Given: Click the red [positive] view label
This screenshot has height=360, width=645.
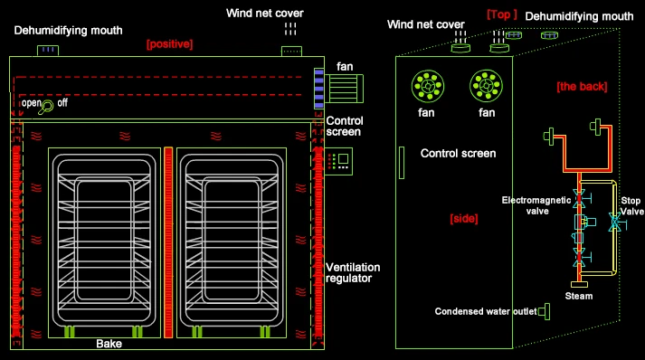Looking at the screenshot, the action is tap(169, 44).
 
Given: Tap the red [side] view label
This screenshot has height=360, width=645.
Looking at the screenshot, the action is tap(464, 219).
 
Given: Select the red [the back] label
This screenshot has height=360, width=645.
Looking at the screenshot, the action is tap(582, 87).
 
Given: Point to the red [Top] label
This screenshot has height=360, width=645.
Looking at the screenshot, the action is tap(502, 14).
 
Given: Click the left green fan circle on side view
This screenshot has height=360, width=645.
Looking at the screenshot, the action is tap(428, 87).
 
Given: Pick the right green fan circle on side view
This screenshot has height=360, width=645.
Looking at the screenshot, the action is tap(486, 87).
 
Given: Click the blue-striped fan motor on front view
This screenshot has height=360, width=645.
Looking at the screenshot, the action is tap(318, 89).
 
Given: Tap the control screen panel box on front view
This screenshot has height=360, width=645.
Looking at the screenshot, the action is tap(338, 161).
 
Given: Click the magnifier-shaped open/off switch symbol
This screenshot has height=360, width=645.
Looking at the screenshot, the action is tap(46, 108).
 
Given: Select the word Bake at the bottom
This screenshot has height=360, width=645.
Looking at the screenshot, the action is tap(109, 344).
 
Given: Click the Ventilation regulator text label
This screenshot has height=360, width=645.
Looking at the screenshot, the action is tap(353, 273).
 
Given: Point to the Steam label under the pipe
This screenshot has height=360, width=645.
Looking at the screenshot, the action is tap(579, 296).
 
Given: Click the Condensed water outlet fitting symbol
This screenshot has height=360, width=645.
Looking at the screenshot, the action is tap(545, 311).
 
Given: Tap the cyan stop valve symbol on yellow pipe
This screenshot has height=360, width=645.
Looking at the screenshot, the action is tap(616, 223).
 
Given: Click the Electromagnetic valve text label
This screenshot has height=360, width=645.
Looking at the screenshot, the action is tap(536, 205).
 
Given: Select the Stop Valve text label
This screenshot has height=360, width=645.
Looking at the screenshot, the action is tap(631, 205).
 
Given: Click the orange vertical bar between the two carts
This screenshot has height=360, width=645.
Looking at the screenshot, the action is tap(168, 242).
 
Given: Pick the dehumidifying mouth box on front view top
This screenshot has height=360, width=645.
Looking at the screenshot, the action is tap(48, 51).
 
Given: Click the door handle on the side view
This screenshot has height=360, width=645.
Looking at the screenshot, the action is tap(402, 163).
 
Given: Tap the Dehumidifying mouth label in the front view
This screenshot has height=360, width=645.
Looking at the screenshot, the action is tap(68, 31).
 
